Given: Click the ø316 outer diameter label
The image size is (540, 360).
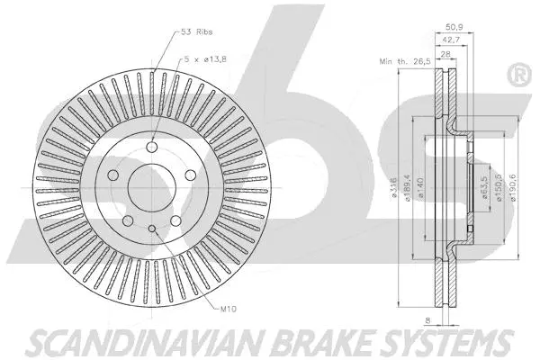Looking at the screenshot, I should (393, 190).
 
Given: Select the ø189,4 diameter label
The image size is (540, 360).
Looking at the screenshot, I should (408, 190).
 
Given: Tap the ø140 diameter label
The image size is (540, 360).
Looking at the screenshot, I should (420, 190).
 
